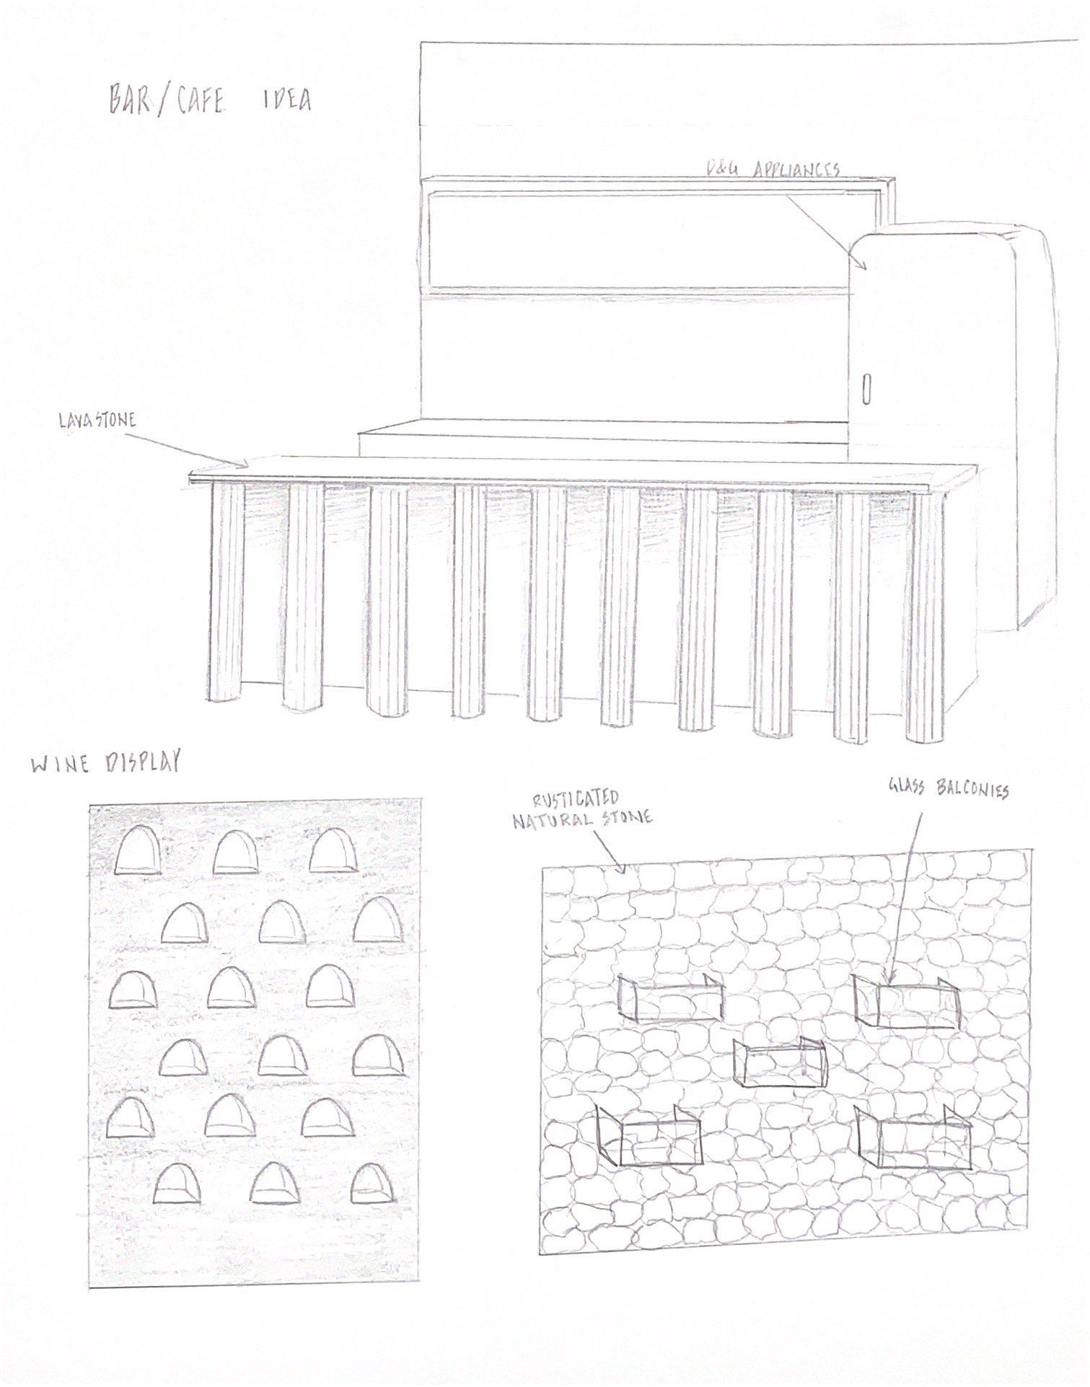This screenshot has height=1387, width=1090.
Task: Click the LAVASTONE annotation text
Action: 97,420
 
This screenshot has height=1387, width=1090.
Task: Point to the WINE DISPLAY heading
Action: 105,764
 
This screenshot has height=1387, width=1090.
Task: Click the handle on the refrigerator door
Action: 866,389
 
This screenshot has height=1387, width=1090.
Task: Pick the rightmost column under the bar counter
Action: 926,613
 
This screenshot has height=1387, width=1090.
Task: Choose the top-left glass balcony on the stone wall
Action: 670,998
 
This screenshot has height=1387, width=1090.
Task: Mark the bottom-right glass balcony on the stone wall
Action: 915,1140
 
